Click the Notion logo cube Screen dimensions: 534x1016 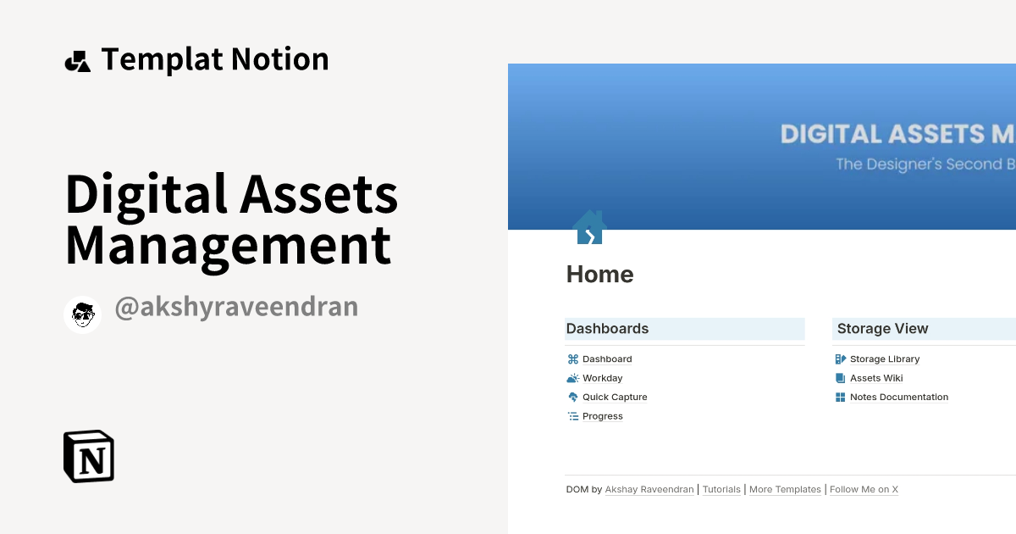coord(89,457)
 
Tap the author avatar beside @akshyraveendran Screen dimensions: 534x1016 coord(83,314)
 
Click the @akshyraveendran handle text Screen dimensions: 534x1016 coord(236,307)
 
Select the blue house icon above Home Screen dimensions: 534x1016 coord(589,228)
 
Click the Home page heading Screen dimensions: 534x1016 coord(599,275)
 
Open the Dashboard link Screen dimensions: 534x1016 coord(606,359)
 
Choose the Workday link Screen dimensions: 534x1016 coord(602,378)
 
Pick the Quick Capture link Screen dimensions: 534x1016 coord(614,397)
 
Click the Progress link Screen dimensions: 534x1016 coord(602,416)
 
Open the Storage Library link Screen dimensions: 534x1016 coord(884,359)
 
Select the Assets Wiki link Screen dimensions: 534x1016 coord(875,378)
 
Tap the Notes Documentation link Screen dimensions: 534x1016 coord(898,397)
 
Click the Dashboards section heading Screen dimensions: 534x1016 coord(607,329)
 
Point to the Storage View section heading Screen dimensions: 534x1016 coord(882,329)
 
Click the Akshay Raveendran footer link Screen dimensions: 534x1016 coord(649,489)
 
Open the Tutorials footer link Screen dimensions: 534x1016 coord(721,489)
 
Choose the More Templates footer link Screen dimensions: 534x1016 coord(785,489)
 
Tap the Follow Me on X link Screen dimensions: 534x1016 coord(864,489)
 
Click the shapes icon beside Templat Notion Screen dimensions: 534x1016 coord(78,61)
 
